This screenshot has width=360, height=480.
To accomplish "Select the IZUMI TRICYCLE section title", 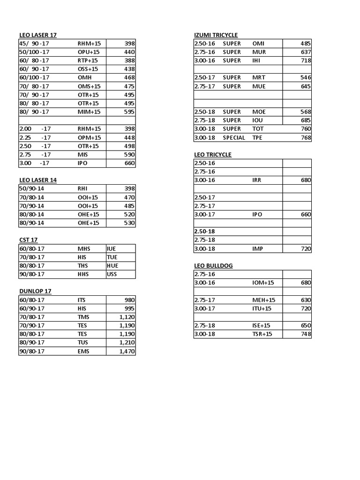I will click(216, 35).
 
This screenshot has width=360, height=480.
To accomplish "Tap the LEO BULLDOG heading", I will click(213, 266).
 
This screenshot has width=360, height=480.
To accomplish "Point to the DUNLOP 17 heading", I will click(35, 291).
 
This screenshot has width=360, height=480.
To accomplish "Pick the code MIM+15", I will click(89, 112).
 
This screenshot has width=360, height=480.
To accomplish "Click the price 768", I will click(306, 138).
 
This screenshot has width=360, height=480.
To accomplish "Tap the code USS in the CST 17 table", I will click(112, 274).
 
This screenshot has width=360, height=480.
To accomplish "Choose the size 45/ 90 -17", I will click(34, 44).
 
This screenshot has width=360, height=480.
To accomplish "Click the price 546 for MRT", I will click(306, 77).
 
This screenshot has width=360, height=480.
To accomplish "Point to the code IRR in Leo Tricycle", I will click(257, 180).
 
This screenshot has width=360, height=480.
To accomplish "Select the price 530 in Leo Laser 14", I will click(129, 223).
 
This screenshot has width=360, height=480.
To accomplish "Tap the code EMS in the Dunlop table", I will click(83, 351).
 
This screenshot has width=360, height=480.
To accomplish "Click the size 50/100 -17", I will click(34, 52).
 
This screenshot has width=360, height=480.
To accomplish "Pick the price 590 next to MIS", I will click(129, 155).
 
